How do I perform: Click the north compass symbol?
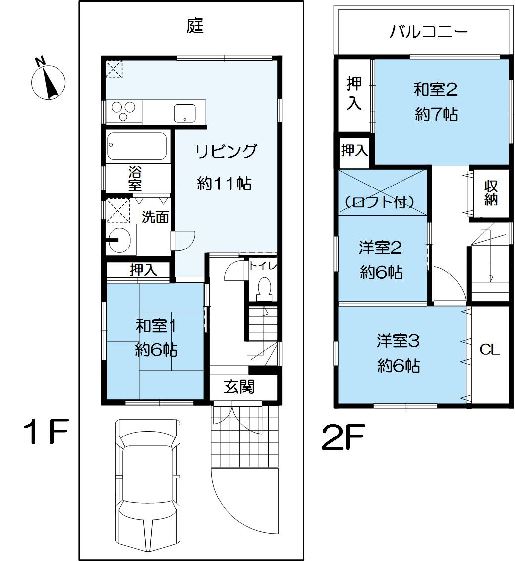point(49,82)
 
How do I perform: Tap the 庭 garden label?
point(195,26)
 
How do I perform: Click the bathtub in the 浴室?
point(137,146)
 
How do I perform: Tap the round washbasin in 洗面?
point(119,239)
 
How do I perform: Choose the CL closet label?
point(489,350)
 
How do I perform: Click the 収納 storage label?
point(491,193)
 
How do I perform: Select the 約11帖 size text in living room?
point(224,184)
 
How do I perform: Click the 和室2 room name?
point(435,90)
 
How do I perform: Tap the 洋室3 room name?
point(398,341)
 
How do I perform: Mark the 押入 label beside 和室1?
point(144,270)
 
